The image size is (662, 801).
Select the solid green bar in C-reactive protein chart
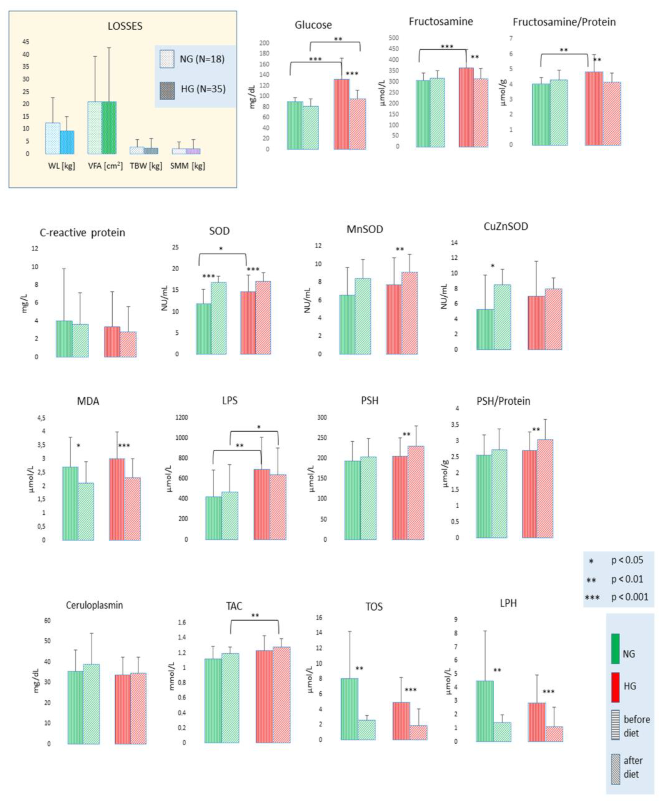[64, 339]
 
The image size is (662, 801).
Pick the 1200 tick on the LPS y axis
[181, 418]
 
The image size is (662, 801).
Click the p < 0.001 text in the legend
[630, 597]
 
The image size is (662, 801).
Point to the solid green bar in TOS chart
[349, 709]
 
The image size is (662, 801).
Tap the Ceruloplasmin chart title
[94, 605]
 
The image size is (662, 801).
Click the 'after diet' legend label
[633, 767]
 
